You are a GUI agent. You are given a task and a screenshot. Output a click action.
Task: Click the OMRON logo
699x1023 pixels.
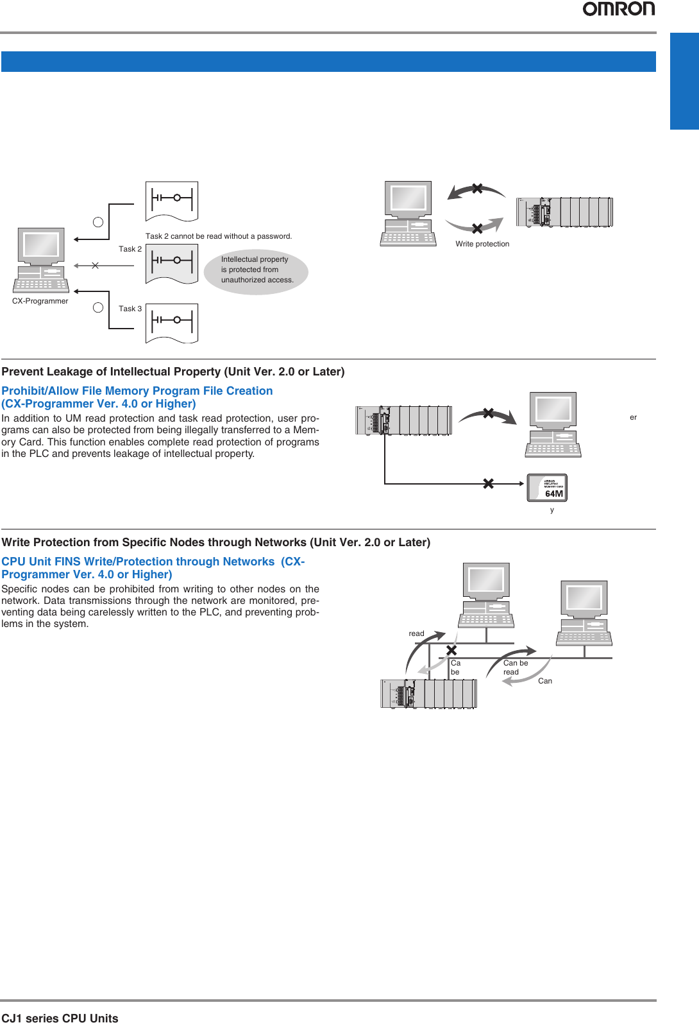[x=618, y=9]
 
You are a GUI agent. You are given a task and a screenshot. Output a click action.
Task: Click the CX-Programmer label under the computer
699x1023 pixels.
[x=40, y=301]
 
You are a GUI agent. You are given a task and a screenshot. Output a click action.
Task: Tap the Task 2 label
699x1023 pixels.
[x=130, y=249]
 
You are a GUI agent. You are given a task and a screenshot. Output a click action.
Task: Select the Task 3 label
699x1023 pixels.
[x=130, y=309]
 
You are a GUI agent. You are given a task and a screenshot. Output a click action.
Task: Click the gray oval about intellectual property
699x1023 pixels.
[x=257, y=271]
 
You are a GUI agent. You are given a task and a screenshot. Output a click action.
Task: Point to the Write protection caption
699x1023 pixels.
[x=482, y=244]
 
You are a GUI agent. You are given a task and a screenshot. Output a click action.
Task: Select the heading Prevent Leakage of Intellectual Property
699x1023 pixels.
[x=173, y=372]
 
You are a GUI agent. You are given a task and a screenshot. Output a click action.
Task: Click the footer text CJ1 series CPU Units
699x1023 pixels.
[x=60, y=1018]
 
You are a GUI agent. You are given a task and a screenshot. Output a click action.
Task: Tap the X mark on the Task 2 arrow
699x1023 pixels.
[x=95, y=265]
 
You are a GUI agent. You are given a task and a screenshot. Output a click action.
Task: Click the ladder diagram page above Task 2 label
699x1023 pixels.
[x=172, y=201]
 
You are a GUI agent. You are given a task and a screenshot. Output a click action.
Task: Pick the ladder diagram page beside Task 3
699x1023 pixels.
[x=172, y=323]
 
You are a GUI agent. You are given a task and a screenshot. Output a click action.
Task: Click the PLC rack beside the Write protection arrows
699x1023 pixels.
[x=564, y=212]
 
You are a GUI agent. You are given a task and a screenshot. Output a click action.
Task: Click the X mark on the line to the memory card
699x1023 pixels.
[x=488, y=483]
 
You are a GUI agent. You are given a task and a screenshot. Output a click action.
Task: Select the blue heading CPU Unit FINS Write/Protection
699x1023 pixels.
[x=153, y=568]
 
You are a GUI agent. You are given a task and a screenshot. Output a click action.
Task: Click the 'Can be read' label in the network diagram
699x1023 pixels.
[x=515, y=667]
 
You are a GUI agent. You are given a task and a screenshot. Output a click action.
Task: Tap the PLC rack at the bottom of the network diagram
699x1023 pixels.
[x=428, y=693]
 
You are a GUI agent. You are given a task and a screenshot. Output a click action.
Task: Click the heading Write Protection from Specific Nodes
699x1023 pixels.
[x=215, y=542]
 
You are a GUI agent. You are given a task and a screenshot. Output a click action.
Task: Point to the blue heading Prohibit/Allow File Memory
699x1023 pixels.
[x=137, y=397]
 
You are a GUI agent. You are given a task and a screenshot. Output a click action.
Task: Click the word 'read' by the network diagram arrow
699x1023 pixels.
[x=416, y=633]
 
